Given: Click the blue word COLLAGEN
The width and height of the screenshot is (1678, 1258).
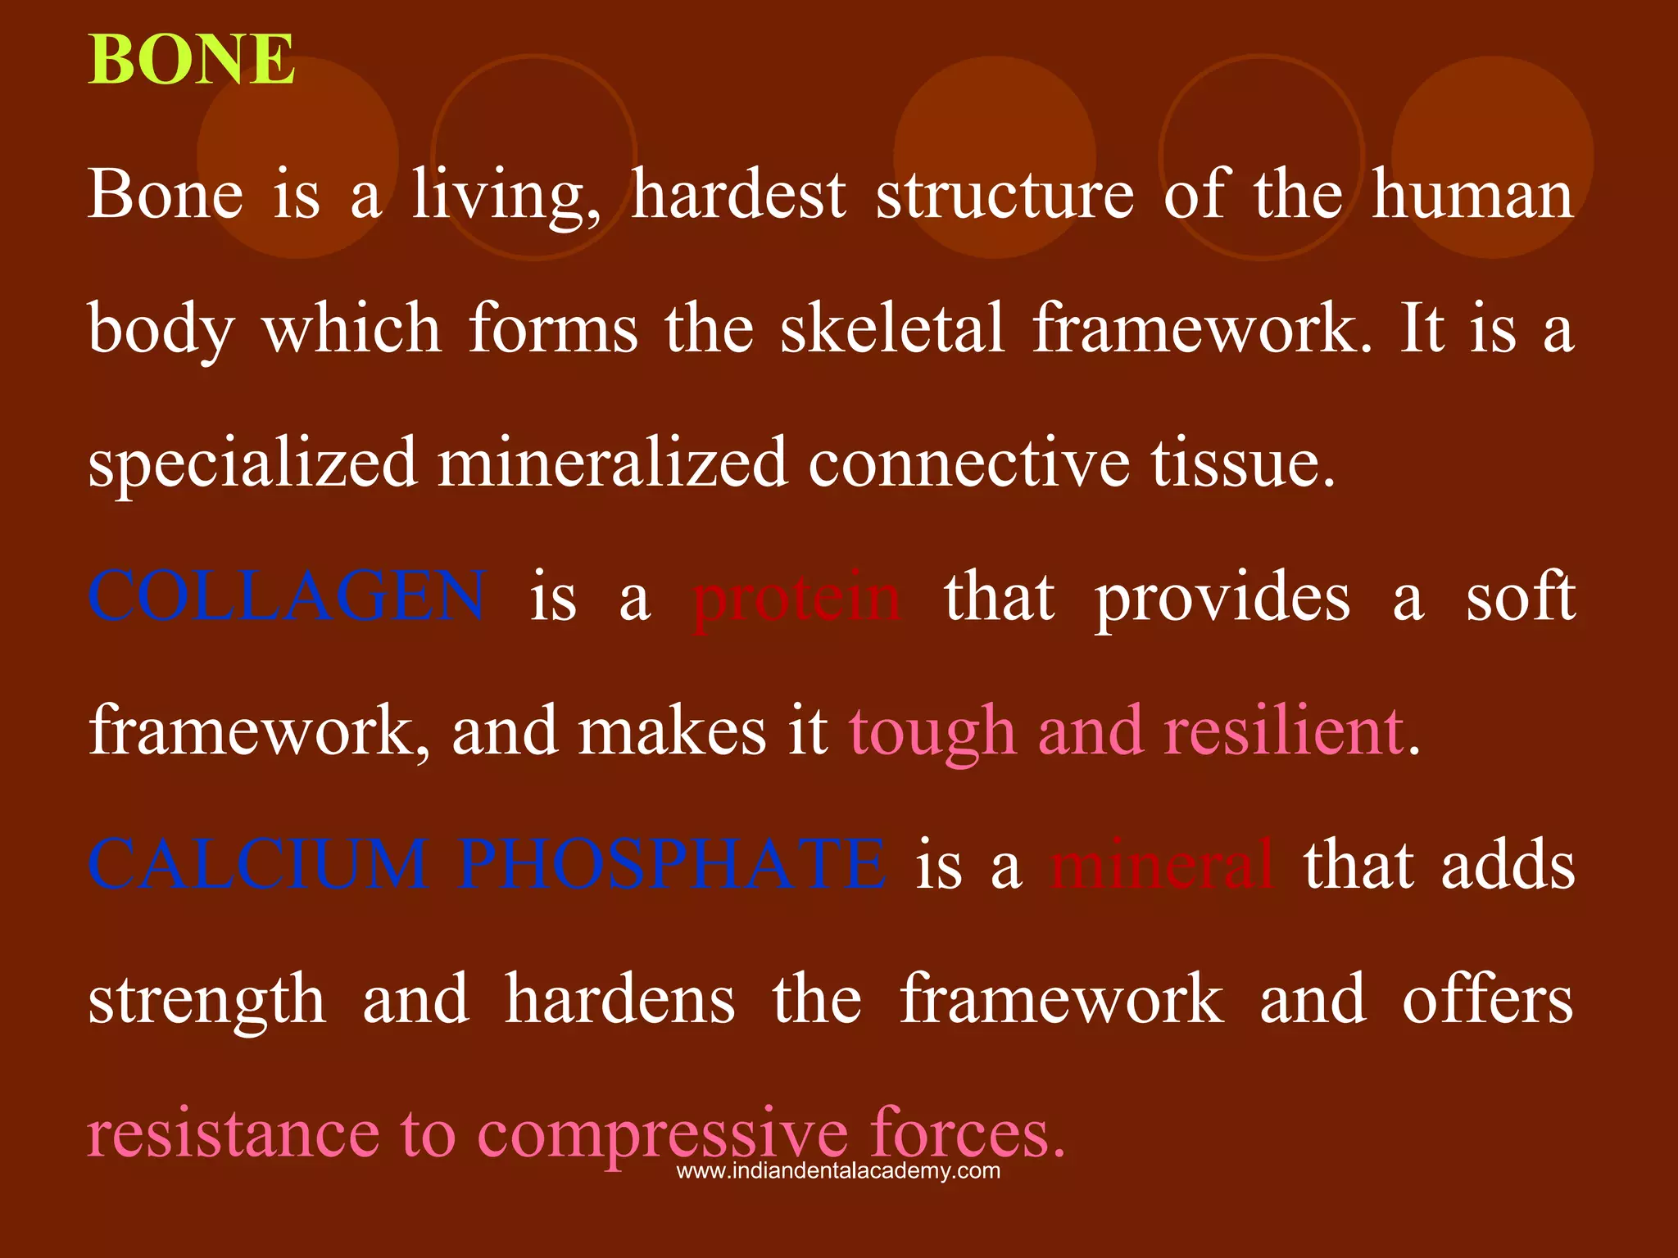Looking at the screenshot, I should (287, 596).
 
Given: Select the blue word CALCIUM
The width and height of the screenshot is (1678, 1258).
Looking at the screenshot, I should (258, 864).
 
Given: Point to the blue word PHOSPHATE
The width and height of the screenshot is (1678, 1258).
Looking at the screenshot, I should (672, 864).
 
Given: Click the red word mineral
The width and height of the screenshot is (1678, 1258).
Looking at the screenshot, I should (1163, 864).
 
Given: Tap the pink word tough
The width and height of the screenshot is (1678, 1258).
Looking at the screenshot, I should (932, 731).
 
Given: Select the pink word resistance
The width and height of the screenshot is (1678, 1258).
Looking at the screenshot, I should (234, 1134).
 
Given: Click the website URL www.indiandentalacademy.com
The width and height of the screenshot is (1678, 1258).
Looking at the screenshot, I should (838, 1171).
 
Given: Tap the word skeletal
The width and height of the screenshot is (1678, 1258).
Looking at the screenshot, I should (891, 328).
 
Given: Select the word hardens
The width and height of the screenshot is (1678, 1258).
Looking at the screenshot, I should (619, 998).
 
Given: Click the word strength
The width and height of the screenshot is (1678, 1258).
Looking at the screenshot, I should (206, 1000).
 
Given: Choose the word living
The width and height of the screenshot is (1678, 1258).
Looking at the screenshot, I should (506, 197).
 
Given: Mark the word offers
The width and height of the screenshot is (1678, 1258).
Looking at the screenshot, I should (1488, 998).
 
